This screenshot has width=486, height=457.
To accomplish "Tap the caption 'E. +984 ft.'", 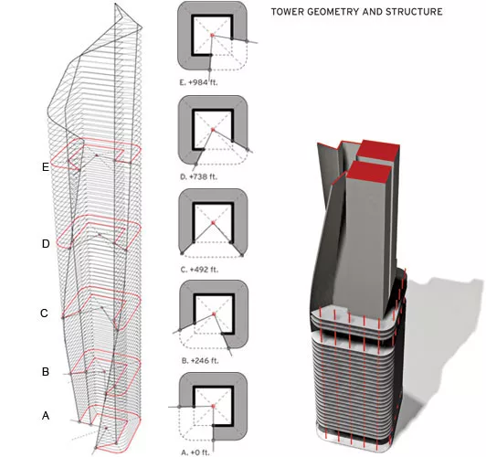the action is point(198,82).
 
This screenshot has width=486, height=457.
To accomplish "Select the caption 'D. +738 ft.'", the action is point(198,176).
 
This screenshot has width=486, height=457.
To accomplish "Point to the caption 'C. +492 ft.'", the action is point(199,270).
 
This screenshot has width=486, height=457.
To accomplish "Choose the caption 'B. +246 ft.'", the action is point(200,361).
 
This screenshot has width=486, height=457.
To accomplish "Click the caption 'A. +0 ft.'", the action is point(195,452).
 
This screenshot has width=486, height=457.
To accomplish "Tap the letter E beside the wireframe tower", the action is point(46,167).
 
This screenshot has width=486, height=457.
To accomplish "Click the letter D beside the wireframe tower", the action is point(46,244).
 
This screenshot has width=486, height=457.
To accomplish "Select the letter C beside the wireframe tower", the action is point(45,314).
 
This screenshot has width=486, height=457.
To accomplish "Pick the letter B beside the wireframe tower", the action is point(46,371).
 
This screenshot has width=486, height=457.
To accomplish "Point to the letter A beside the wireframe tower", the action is point(46,416).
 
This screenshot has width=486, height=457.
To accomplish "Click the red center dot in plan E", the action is point(212,36).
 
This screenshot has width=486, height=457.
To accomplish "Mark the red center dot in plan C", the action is point(213,223).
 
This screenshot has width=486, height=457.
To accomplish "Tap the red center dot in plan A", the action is point(213,406).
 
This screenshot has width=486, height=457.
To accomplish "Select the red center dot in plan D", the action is point(213,129).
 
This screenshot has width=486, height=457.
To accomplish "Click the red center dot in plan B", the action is point(214,314).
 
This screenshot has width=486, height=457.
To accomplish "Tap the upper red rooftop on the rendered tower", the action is point(378,151).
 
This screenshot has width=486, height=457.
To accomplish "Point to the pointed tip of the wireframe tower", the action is point(115,4).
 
